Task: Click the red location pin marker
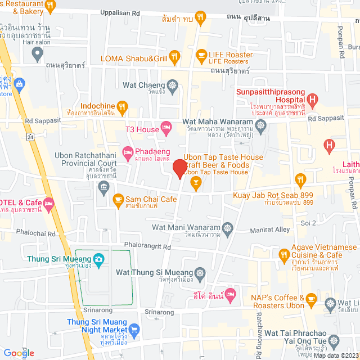point(179,168)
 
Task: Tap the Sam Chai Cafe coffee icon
point(118,199)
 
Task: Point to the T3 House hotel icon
point(166,129)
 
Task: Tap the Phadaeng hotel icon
point(128,151)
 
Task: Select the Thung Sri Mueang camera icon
point(99,259)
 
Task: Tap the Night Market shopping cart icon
point(134,330)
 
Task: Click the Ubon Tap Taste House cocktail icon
point(195,181)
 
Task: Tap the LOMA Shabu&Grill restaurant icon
point(175,56)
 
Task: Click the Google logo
point(20,353)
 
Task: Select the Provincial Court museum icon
point(103,186)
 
